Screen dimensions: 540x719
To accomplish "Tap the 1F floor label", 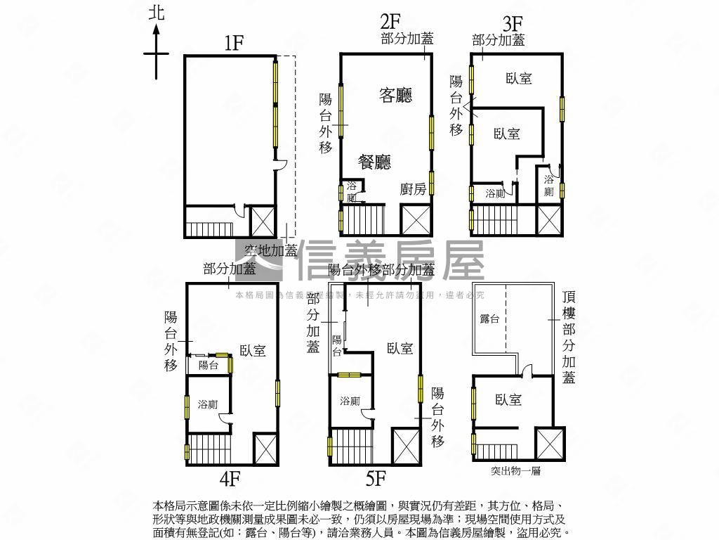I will [234, 43].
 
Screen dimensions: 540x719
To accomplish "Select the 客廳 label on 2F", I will [395, 95].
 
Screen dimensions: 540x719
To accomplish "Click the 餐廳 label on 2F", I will [374, 162].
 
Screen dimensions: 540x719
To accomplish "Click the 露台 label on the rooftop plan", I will [489, 319].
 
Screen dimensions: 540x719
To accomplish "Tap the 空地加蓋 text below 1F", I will [271, 250].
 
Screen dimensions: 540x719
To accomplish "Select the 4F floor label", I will [230, 479].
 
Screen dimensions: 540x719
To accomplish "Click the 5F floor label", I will [376, 479].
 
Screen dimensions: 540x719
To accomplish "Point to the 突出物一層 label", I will [515, 471].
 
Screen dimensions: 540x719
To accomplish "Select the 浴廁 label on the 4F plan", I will [207, 404].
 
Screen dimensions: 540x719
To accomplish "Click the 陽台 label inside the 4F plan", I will [208, 365].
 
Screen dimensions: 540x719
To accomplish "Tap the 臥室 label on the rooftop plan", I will [508, 399].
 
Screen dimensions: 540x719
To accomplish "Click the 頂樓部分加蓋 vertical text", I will [569, 337].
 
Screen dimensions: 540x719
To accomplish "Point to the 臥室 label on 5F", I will [400, 348].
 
